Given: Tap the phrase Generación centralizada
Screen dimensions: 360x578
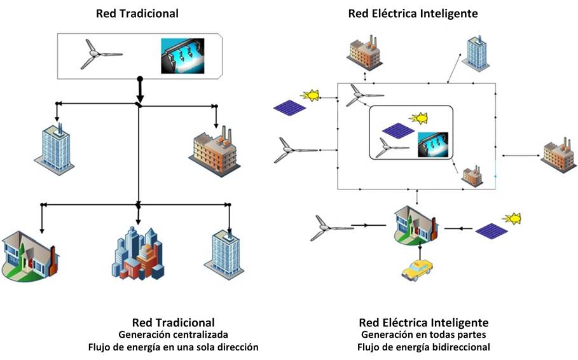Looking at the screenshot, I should (173, 335).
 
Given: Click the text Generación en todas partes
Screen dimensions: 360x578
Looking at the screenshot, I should (423, 335).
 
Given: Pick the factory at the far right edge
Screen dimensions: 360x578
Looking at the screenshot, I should (559, 156).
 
